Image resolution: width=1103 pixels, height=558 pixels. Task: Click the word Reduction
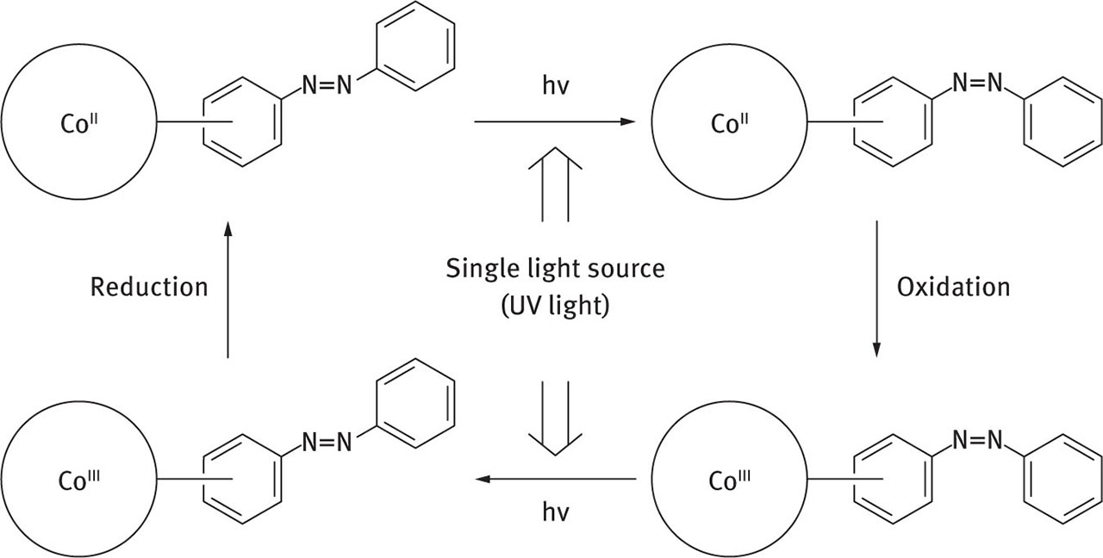click(x=149, y=287)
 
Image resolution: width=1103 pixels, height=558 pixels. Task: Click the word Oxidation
click(x=953, y=287)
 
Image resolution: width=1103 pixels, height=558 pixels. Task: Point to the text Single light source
click(x=555, y=269)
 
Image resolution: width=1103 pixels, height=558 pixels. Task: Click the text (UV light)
click(x=555, y=306)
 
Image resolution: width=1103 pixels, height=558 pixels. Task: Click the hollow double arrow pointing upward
click(x=556, y=184)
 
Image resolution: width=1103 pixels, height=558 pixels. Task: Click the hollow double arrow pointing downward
click(x=556, y=418)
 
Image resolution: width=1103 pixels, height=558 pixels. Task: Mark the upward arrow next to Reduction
click(x=227, y=288)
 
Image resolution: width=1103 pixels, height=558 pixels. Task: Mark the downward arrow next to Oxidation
click(x=877, y=288)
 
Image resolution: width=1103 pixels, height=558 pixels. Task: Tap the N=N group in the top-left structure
click(x=327, y=85)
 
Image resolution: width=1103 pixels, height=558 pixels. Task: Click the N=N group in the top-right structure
click(x=977, y=84)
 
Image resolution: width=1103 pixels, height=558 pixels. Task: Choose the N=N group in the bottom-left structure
click(x=327, y=442)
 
